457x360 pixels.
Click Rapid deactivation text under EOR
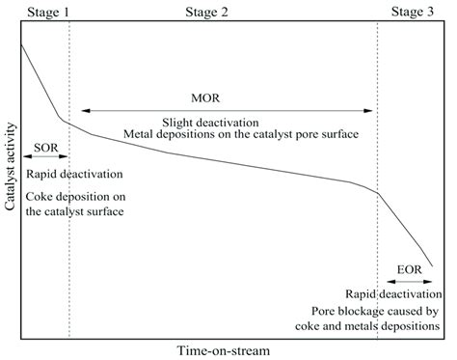click(x=393, y=292)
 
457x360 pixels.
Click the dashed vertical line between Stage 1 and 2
click(x=69, y=241)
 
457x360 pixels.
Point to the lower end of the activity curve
click(x=432, y=264)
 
